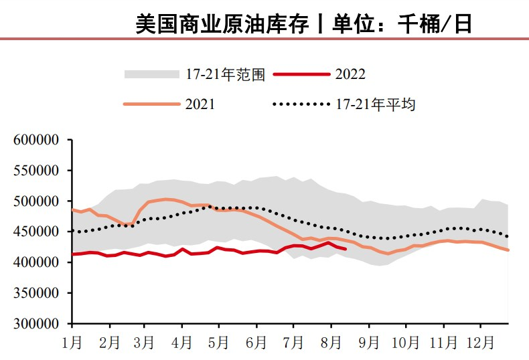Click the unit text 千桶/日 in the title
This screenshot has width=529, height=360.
[435, 24]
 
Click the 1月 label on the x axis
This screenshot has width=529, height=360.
[72, 343]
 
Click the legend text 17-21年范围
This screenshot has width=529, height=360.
[226, 74]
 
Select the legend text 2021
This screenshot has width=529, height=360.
[200, 104]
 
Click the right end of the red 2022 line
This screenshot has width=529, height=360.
[346, 249]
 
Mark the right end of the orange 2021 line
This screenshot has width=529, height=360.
[508, 250]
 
